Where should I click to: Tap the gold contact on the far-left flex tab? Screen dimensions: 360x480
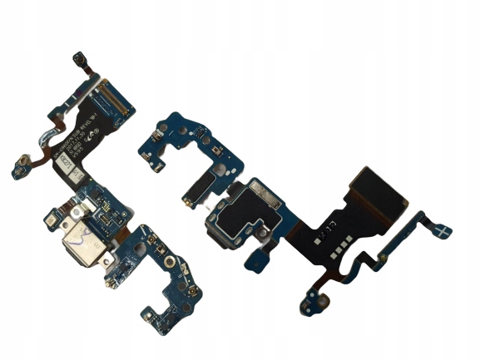pyautogui.click(x=17, y=172)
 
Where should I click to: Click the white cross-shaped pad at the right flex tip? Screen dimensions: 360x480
pyautogui.click(x=445, y=229)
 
